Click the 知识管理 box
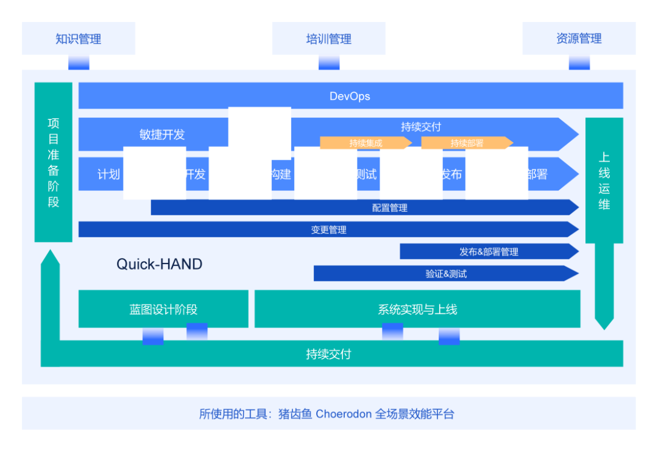pyautogui.click(x=78, y=39)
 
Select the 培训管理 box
pyautogui.click(x=328, y=39)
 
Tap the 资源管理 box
pyautogui.click(x=579, y=39)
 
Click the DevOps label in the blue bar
pyautogui.click(x=350, y=96)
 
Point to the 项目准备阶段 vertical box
pyautogui.click(x=54, y=162)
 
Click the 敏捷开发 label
pyautogui.click(x=161, y=135)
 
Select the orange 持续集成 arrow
pyautogui.click(x=366, y=143)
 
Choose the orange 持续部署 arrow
pyautogui.click(x=467, y=143)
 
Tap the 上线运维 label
pyautogui.click(x=604, y=181)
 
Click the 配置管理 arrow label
pyautogui.click(x=389, y=208)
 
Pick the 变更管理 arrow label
pyautogui.click(x=328, y=230)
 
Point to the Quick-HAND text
pyautogui.click(x=159, y=264)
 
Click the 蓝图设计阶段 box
pyautogui.click(x=163, y=309)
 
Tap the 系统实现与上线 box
pyautogui.click(x=417, y=309)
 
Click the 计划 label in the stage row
pyautogui.click(x=108, y=174)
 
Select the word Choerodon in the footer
pyautogui.click(x=343, y=414)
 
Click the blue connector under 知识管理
pyautogui.click(x=79, y=63)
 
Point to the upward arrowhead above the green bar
pyautogui.click(x=50, y=258)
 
